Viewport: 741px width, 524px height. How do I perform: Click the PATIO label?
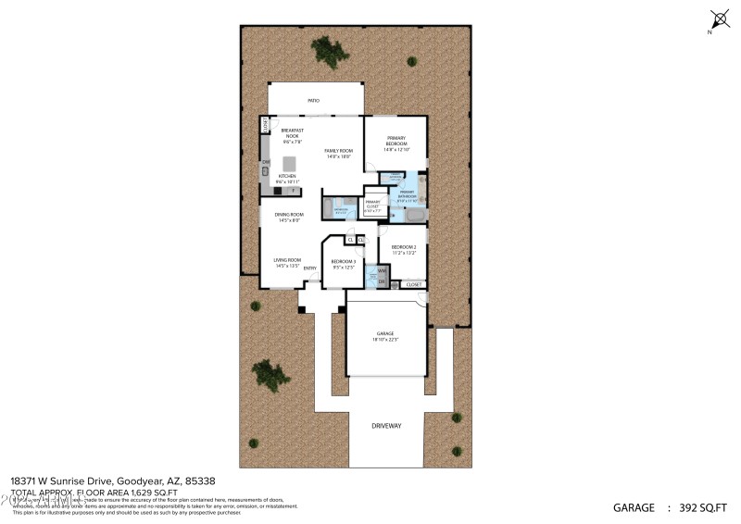pos(314,100)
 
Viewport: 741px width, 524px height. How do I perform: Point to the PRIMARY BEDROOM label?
pos(396,142)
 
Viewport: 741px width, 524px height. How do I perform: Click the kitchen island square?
pos(288,163)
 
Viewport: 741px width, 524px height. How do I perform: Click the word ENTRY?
pos(310,268)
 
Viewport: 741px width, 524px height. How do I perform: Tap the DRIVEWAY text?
pos(385,427)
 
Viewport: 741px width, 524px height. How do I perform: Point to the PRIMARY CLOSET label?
pos(372,204)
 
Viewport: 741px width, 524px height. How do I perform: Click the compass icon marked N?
pos(720,19)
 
